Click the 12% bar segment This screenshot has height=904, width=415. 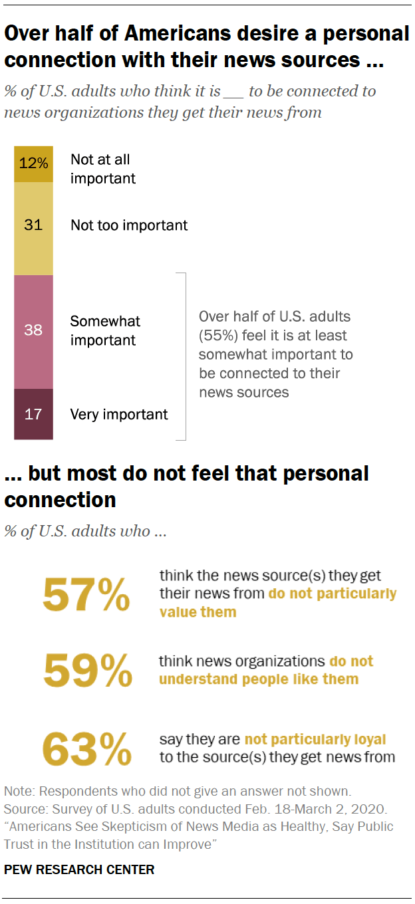(33, 164)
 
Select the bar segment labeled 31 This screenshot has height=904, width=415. (33, 225)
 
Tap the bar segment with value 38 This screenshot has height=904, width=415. (33, 330)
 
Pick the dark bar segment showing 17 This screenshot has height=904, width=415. (33, 414)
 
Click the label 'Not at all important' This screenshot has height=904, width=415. (102, 169)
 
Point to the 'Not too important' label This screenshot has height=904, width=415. (129, 225)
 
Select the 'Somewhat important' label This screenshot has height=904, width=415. (105, 330)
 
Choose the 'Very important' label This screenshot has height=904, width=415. (119, 415)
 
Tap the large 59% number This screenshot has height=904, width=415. (87, 671)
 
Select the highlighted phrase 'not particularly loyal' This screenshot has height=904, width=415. (315, 739)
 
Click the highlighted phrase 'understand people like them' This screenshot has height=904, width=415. (259, 679)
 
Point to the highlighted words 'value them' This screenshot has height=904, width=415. (198, 612)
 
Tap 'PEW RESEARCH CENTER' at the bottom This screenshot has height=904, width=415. (79, 869)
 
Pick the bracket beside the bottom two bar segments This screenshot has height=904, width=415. (183, 356)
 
